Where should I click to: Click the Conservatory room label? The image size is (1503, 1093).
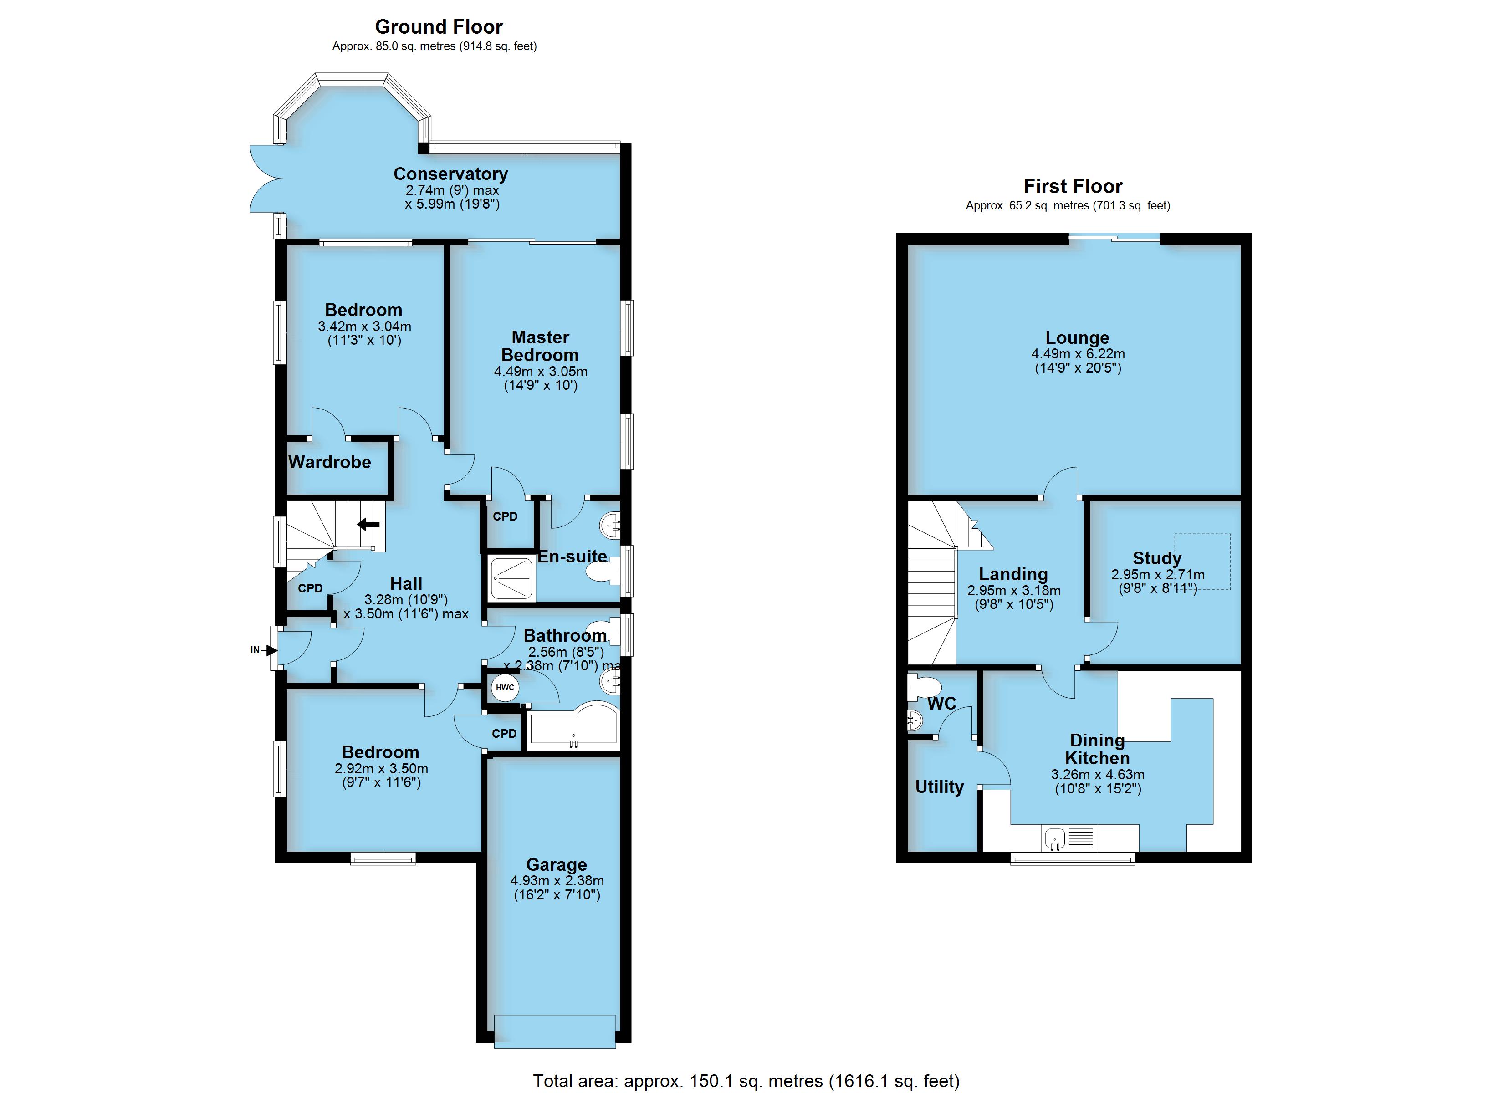[450, 174]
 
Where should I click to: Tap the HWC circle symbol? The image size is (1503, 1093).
[505, 687]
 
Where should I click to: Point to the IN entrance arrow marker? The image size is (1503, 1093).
[272, 650]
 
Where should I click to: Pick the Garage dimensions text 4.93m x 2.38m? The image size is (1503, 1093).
[557, 881]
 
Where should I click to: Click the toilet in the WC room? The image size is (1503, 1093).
[923, 687]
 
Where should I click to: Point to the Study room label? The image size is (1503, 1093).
[1157, 558]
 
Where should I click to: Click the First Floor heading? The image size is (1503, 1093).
[1073, 186]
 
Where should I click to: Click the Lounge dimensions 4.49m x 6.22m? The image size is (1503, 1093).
[1078, 354]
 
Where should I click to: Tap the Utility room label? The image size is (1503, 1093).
[939, 787]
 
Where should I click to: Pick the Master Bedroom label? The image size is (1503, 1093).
[540, 346]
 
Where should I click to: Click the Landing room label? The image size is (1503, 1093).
[1013, 574]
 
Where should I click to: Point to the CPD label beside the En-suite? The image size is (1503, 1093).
[505, 516]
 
